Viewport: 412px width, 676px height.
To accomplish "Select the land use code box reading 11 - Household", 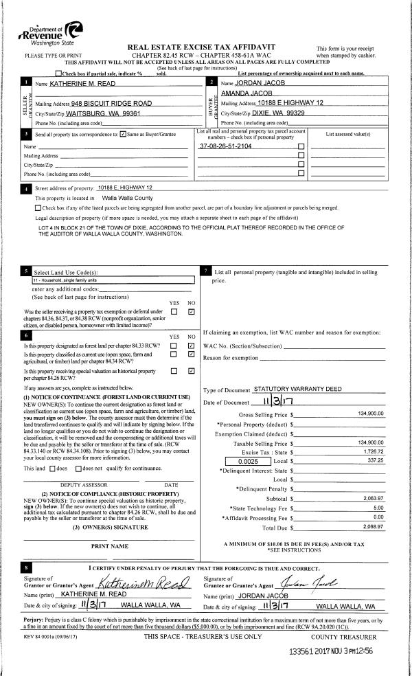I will tap(114, 280).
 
